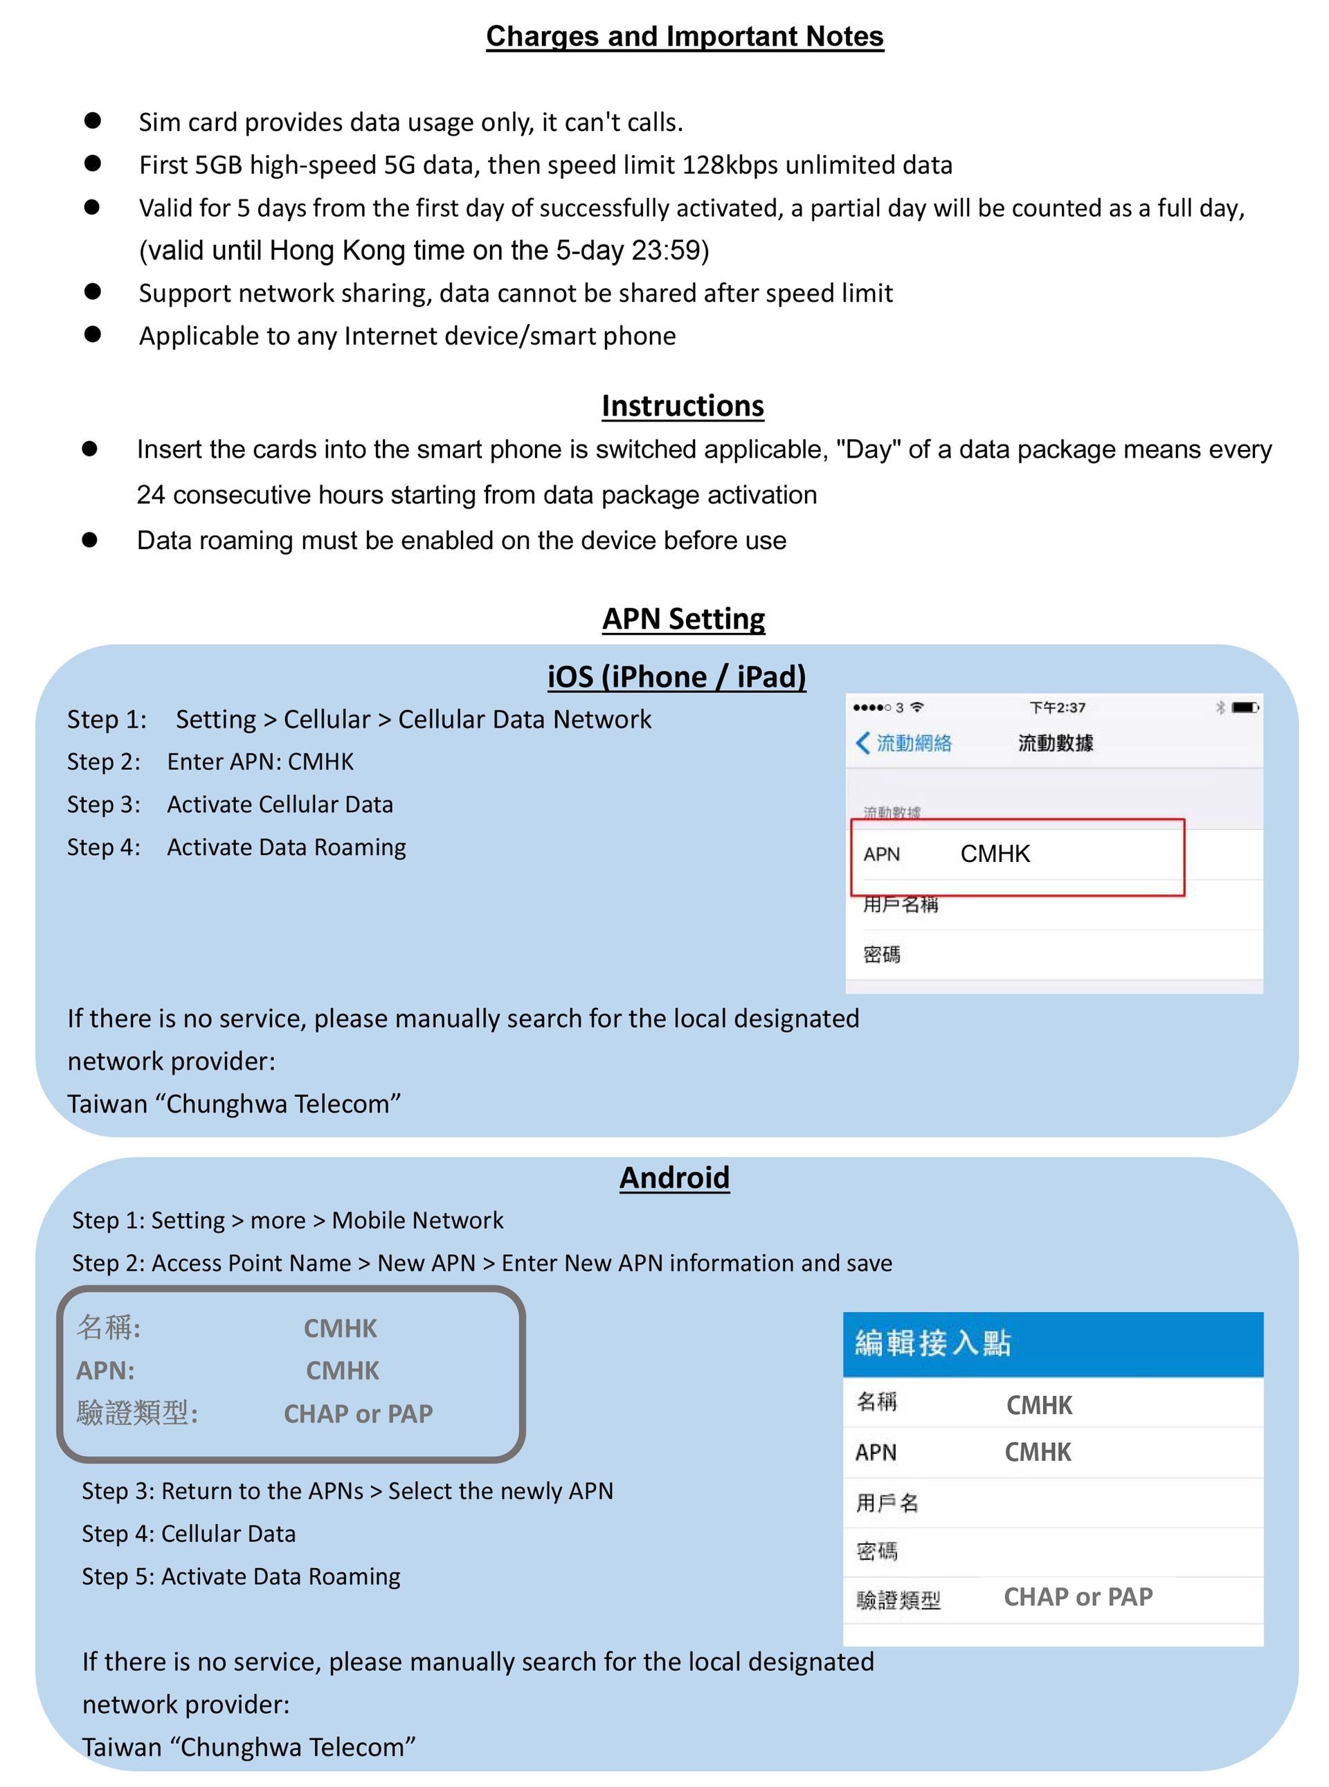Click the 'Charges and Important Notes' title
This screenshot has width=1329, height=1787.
[685, 36]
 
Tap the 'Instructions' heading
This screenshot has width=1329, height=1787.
[682, 406]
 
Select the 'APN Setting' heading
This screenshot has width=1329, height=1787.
[684, 618]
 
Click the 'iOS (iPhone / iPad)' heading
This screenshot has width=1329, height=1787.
[676, 676]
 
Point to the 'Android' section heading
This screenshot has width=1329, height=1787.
[674, 1177]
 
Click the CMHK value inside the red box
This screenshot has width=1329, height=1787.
[995, 854]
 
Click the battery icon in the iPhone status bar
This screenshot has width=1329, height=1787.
[1245, 707]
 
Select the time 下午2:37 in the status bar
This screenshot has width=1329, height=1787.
[1058, 707]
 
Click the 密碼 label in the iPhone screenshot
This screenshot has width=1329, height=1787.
[882, 954]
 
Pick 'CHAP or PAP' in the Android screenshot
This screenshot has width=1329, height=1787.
[1078, 1597]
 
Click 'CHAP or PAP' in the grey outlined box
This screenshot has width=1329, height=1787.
[358, 1414]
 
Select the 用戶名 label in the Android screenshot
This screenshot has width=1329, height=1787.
[887, 1502]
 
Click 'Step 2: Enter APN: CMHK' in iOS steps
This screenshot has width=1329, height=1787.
[211, 762]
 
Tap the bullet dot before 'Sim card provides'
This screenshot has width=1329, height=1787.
[93, 120]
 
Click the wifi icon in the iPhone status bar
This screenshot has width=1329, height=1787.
[917, 707]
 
